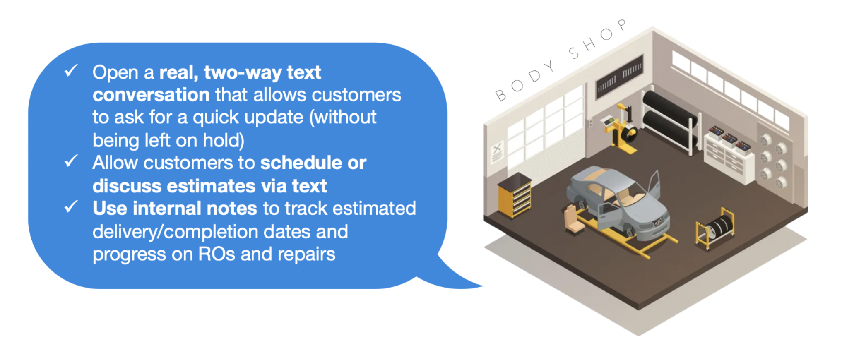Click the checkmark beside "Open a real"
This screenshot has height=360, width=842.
[x=71, y=71]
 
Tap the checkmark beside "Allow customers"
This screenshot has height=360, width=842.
[x=71, y=161]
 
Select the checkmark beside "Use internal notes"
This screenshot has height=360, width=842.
[x=71, y=206]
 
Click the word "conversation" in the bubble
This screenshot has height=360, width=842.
[x=151, y=95]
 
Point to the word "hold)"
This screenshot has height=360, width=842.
[x=224, y=141]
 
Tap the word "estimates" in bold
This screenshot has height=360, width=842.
[x=211, y=186]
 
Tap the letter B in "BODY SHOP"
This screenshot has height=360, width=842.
[x=501, y=96]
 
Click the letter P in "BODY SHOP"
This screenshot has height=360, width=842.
[x=621, y=25]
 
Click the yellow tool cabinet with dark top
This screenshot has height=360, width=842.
[x=515, y=195]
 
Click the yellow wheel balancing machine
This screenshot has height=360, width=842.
[x=621, y=128]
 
